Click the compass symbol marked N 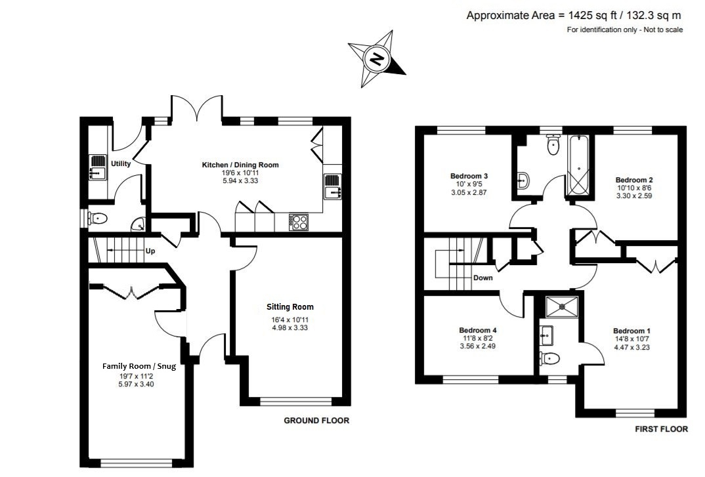(377, 60)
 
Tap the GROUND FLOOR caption (316, 421)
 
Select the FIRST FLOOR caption (661, 429)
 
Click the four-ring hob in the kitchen (299, 222)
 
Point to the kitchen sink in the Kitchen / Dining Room (331, 186)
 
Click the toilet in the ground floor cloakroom (98, 218)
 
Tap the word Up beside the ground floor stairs (150, 251)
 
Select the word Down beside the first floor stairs (482, 278)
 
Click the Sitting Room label (289, 306)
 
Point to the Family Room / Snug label (139, 367)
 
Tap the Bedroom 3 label (469, 176)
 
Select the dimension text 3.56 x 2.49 (477, 346)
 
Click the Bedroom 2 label (633, 179)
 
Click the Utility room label (121, 163)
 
